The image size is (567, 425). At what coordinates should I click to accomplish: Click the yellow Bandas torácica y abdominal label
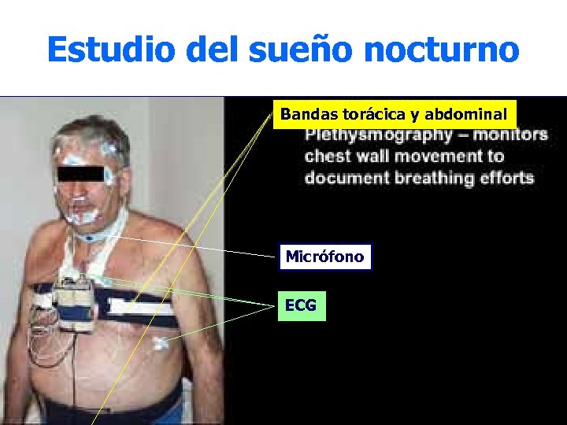tap(394, 114)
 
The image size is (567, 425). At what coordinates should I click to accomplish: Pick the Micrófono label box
tap(324, 257)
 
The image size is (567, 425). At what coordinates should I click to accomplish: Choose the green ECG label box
tap(301, 305)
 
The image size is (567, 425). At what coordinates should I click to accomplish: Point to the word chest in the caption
tap(327, 156)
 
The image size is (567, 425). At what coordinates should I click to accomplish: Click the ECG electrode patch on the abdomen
tap(160, 342)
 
